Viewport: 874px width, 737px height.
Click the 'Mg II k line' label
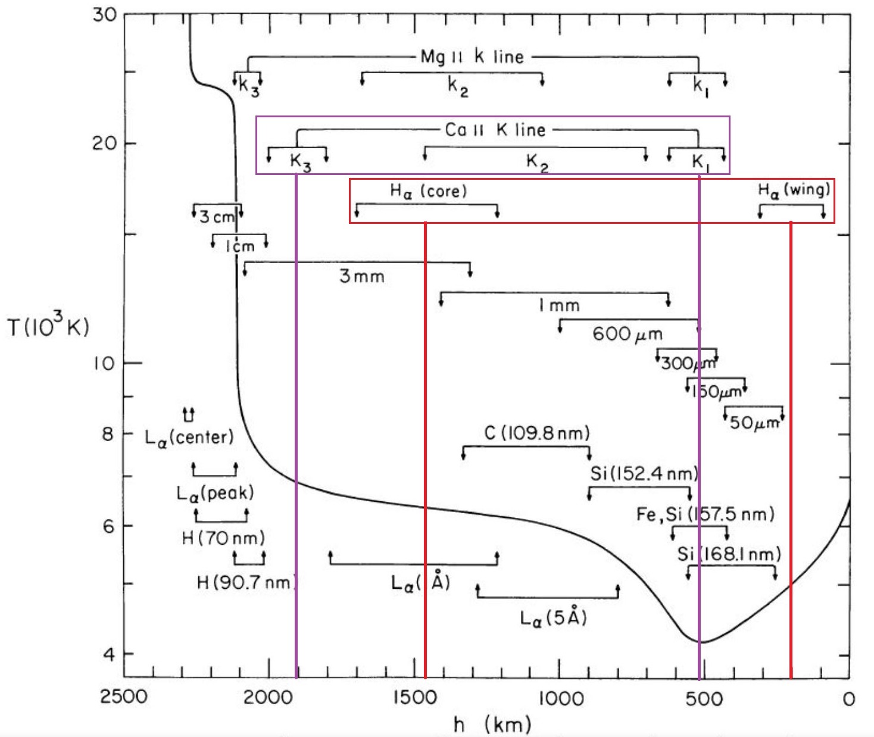pos(472,57)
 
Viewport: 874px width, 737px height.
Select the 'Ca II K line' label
pos(495,130)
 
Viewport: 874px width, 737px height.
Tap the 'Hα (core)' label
pos(428,191)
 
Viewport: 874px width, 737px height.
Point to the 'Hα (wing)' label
pos(794,190)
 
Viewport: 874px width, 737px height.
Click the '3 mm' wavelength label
pos(362,276)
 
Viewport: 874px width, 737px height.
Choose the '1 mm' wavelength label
pos(559,305)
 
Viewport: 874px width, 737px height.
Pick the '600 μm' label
pos(627,334)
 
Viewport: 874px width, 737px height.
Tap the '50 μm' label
pos(754,423)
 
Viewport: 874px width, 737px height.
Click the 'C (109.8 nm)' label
pos(536,433)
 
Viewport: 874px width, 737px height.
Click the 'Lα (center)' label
pos(189,438)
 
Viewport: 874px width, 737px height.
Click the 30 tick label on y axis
pos(105,14)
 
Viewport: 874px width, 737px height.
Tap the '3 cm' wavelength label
pos(217,217)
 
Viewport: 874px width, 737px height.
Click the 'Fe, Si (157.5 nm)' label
pos(705,514)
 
